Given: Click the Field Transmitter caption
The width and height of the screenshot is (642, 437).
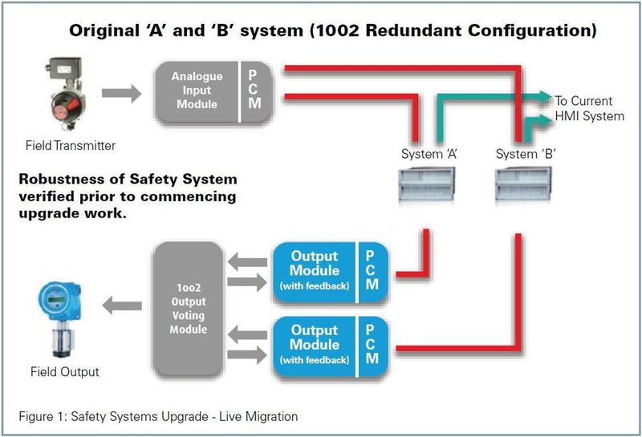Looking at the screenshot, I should tap(70, 145).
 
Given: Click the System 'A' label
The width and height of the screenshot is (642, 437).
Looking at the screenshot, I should tap(429, 153).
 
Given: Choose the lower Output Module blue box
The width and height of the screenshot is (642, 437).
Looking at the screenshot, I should tap(314, 343).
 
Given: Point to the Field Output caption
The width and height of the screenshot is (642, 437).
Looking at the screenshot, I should tap(65, 372).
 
